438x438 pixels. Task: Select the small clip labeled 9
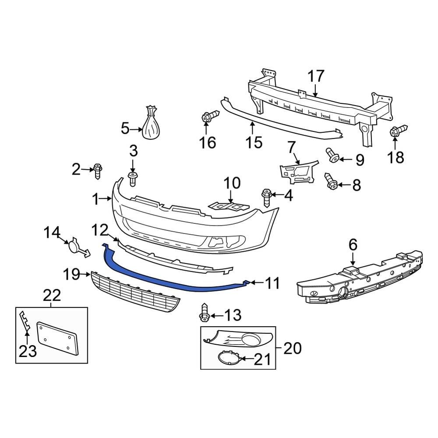(x=334, y=155)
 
